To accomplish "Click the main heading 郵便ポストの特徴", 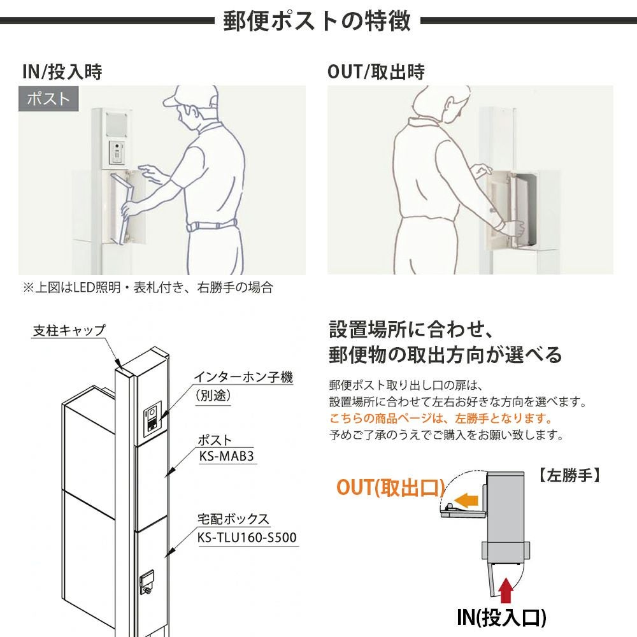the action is pos(317,20).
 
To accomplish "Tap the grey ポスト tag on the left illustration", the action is pos(48,99).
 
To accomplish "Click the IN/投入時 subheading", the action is pos(62,72).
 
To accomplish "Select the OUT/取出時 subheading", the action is pos(376,72).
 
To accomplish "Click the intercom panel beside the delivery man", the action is pos(117,153).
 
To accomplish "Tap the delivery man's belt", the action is pos(211,225).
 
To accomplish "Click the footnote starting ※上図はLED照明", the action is pos(148,288).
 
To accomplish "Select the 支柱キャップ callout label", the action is pos(69,330).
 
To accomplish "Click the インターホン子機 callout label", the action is pos(243,377).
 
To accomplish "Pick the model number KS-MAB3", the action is pos(227,456).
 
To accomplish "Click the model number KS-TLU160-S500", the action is pos(247,537).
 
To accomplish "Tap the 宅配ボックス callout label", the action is pos(233,519).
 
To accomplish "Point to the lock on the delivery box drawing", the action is pos(147,583).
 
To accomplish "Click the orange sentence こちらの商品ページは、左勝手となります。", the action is pos(441,418).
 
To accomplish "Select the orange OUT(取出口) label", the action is pos(391,487).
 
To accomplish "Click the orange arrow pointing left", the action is pos(466,499).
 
